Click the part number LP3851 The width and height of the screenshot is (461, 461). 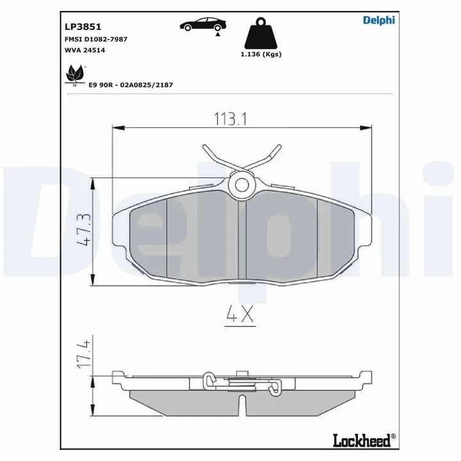click(x=79, y=27)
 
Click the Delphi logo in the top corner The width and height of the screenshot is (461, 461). click(x=378, y=20)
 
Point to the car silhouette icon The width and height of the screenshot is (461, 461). click(x=202, y=25)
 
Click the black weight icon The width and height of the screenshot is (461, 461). click(x=261, y=34)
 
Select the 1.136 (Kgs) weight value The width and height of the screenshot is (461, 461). click(x=261, y=54)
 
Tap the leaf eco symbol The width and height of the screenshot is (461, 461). click(x=76, y=75)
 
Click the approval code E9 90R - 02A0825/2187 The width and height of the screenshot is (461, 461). click(x=131, y=85)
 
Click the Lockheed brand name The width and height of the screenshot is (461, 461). click(x=362, y=441)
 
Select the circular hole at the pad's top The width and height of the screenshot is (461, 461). click(x=242, y=184)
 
